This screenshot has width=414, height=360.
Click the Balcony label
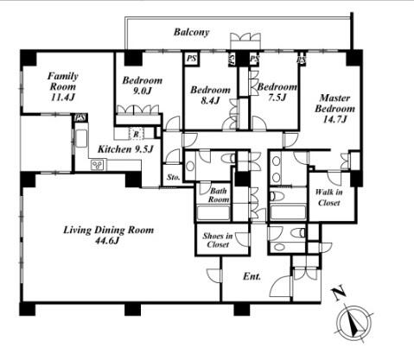coord(191,32)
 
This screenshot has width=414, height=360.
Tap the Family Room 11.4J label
coord(63,86)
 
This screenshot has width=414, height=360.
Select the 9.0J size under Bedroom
coord(142,91)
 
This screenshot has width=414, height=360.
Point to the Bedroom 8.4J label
coord(210,95)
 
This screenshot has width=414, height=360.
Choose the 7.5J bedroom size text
coord(277,98)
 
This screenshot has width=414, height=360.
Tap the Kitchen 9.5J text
coord(125,149)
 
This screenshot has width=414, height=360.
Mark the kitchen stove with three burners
coord(98,165)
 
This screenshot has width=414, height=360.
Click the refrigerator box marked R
coord(137,134)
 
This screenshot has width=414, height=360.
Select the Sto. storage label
coord(174,177)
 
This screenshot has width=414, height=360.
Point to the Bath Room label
coord(219,195)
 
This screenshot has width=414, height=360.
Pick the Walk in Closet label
coord(328,197)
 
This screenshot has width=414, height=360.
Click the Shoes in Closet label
coord(218,240)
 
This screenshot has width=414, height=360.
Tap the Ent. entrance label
coord(252,276)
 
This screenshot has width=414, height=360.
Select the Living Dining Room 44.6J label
coord(108,235)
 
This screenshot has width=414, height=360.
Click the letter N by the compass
coord(339,293)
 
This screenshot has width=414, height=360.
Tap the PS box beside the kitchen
coord(81,117)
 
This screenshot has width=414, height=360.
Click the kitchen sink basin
coord(81,138)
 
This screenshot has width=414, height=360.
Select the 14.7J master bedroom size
coord(334,119)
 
